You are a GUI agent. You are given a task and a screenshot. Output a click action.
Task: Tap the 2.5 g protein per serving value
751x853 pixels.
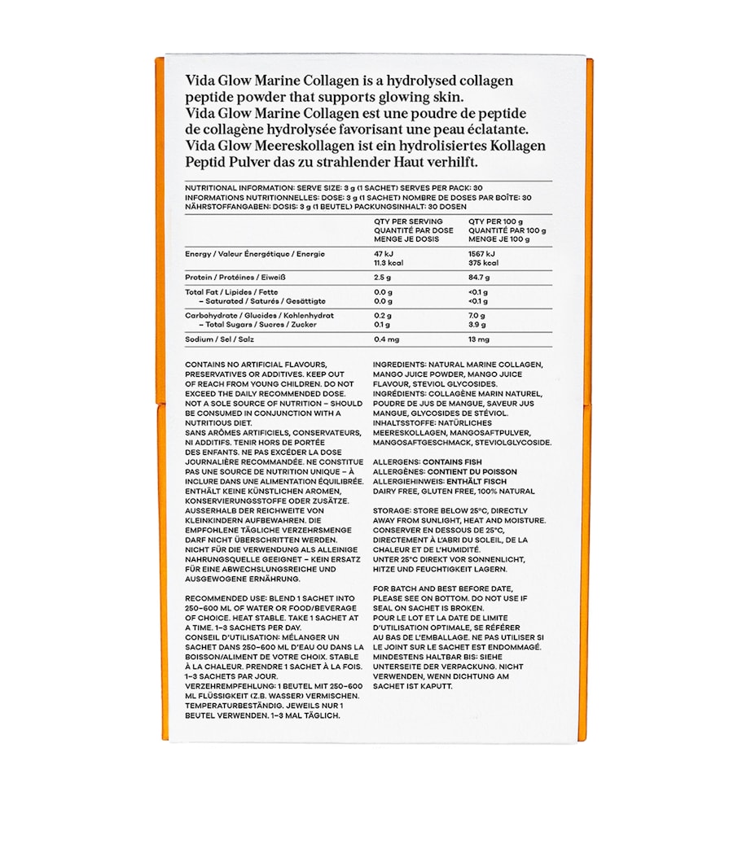(x=384, y=278)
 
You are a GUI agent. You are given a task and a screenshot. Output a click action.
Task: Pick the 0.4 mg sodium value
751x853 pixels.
(x=387, y=339)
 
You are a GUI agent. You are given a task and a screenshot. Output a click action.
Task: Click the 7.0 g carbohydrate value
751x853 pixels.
(x=477, y=316)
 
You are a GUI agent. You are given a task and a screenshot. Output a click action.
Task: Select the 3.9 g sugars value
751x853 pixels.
(x=477, y=325)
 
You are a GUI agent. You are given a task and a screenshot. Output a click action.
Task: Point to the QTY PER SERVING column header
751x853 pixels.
(x=409, y=221)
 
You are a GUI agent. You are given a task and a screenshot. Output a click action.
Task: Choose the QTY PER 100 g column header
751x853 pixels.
(x=496, y=221)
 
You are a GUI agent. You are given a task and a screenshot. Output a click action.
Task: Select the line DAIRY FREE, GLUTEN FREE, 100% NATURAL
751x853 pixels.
(x=454, y=491)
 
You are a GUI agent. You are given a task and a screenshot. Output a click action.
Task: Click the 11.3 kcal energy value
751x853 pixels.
(x=389, y=263)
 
